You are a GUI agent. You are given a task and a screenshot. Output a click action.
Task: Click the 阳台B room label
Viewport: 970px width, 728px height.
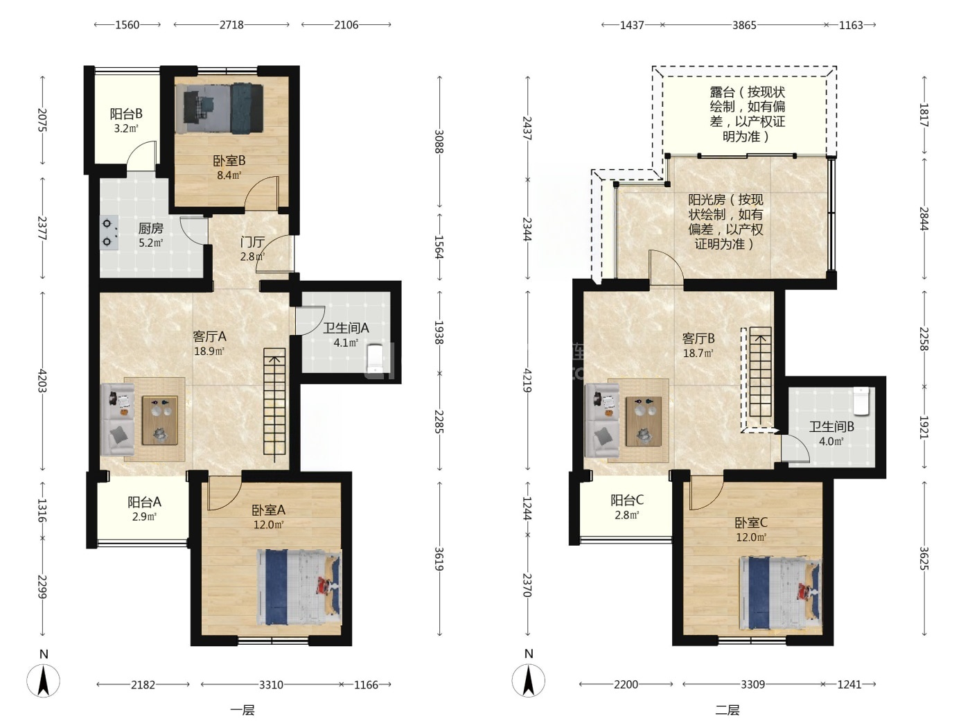click(x=126, y=114)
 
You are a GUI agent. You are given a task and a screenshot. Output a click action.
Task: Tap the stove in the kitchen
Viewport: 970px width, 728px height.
click(x=109, y=232)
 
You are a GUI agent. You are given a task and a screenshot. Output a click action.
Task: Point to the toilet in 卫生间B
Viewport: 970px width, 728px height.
click(x=861, y=401)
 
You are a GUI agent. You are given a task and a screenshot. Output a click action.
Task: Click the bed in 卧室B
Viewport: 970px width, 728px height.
click(x=219, y=108)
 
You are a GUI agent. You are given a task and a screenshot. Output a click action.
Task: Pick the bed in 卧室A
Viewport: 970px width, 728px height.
click(x=299, y=587)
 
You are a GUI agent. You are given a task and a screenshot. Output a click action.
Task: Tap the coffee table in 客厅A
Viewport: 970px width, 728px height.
click(x=159, y=420)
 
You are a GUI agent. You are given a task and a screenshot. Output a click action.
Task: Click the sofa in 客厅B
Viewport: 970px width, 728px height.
click(x=601, y=421)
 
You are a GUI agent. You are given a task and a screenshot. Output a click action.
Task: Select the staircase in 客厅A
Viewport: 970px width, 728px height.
click(x=274, y=401)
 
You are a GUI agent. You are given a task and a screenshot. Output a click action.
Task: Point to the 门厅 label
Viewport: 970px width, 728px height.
click(x=252, y=242)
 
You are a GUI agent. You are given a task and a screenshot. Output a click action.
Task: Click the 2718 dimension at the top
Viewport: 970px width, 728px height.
click(x=231, y=25)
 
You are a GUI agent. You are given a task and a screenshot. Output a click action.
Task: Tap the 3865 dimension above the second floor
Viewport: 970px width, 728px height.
click(x=744, y=25)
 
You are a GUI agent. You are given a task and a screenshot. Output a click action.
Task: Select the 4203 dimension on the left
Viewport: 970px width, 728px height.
click(x=42, y=380)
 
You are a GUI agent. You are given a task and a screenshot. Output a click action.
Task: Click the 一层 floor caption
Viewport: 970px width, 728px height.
click(x=242, y=710)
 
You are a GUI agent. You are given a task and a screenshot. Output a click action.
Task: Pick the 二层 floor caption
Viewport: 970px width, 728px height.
click(x=727, y=710)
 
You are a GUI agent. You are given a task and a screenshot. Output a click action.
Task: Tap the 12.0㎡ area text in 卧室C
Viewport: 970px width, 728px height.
click(x=751, y=537)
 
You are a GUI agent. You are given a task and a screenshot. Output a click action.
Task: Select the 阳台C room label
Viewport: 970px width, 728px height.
click(x=626, y=500)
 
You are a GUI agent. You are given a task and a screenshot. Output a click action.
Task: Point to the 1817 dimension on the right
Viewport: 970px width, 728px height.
click(x=924, y=115)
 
